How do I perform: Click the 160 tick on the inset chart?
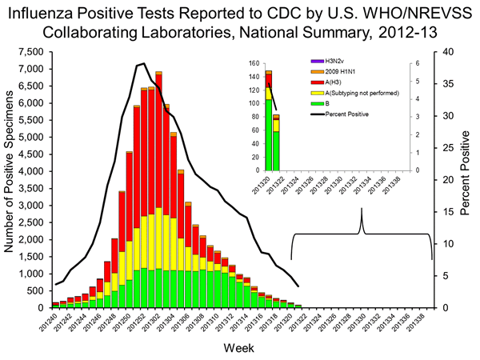[254, 63]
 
